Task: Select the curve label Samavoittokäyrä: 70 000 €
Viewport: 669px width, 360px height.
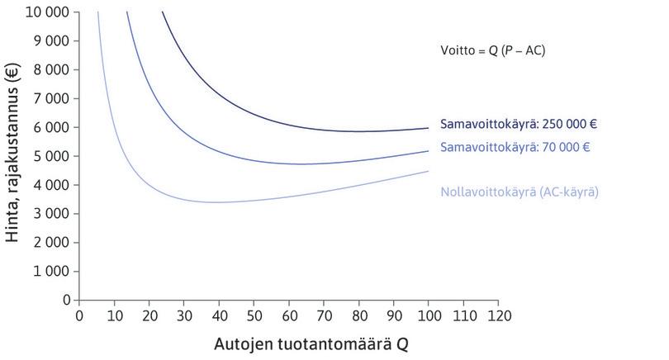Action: point(515,148)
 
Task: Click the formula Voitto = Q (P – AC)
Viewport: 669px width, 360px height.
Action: point(492,51)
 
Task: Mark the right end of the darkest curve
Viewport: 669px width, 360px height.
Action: point(428,128)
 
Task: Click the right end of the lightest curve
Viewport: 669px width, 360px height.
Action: point(428,171)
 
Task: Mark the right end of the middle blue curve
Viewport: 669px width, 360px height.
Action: point(428,151)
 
